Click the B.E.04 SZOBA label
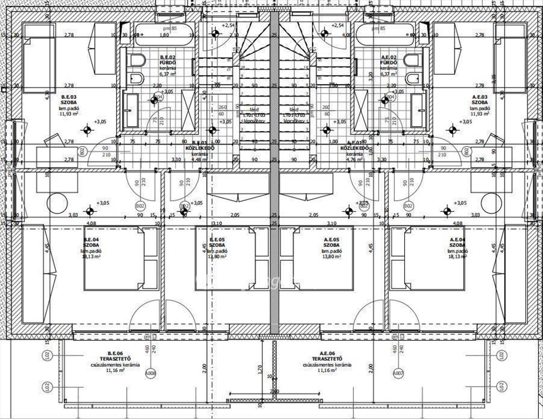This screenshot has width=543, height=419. coord(91,242)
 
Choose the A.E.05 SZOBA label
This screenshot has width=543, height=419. coord(331,242)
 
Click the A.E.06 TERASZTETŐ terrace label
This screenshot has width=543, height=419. coord(327,356)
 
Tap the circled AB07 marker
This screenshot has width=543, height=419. coord(398,373)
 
